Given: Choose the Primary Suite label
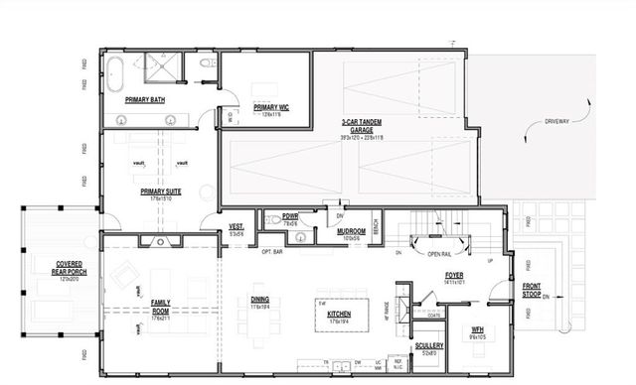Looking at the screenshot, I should [x=159, y=193].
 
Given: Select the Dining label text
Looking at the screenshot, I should [x=258, y=302].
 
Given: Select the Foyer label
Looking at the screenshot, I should [x=453, y=275].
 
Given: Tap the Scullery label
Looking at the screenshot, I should [x=429, y=346].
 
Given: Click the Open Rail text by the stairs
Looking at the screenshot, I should [x=441, y=254].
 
